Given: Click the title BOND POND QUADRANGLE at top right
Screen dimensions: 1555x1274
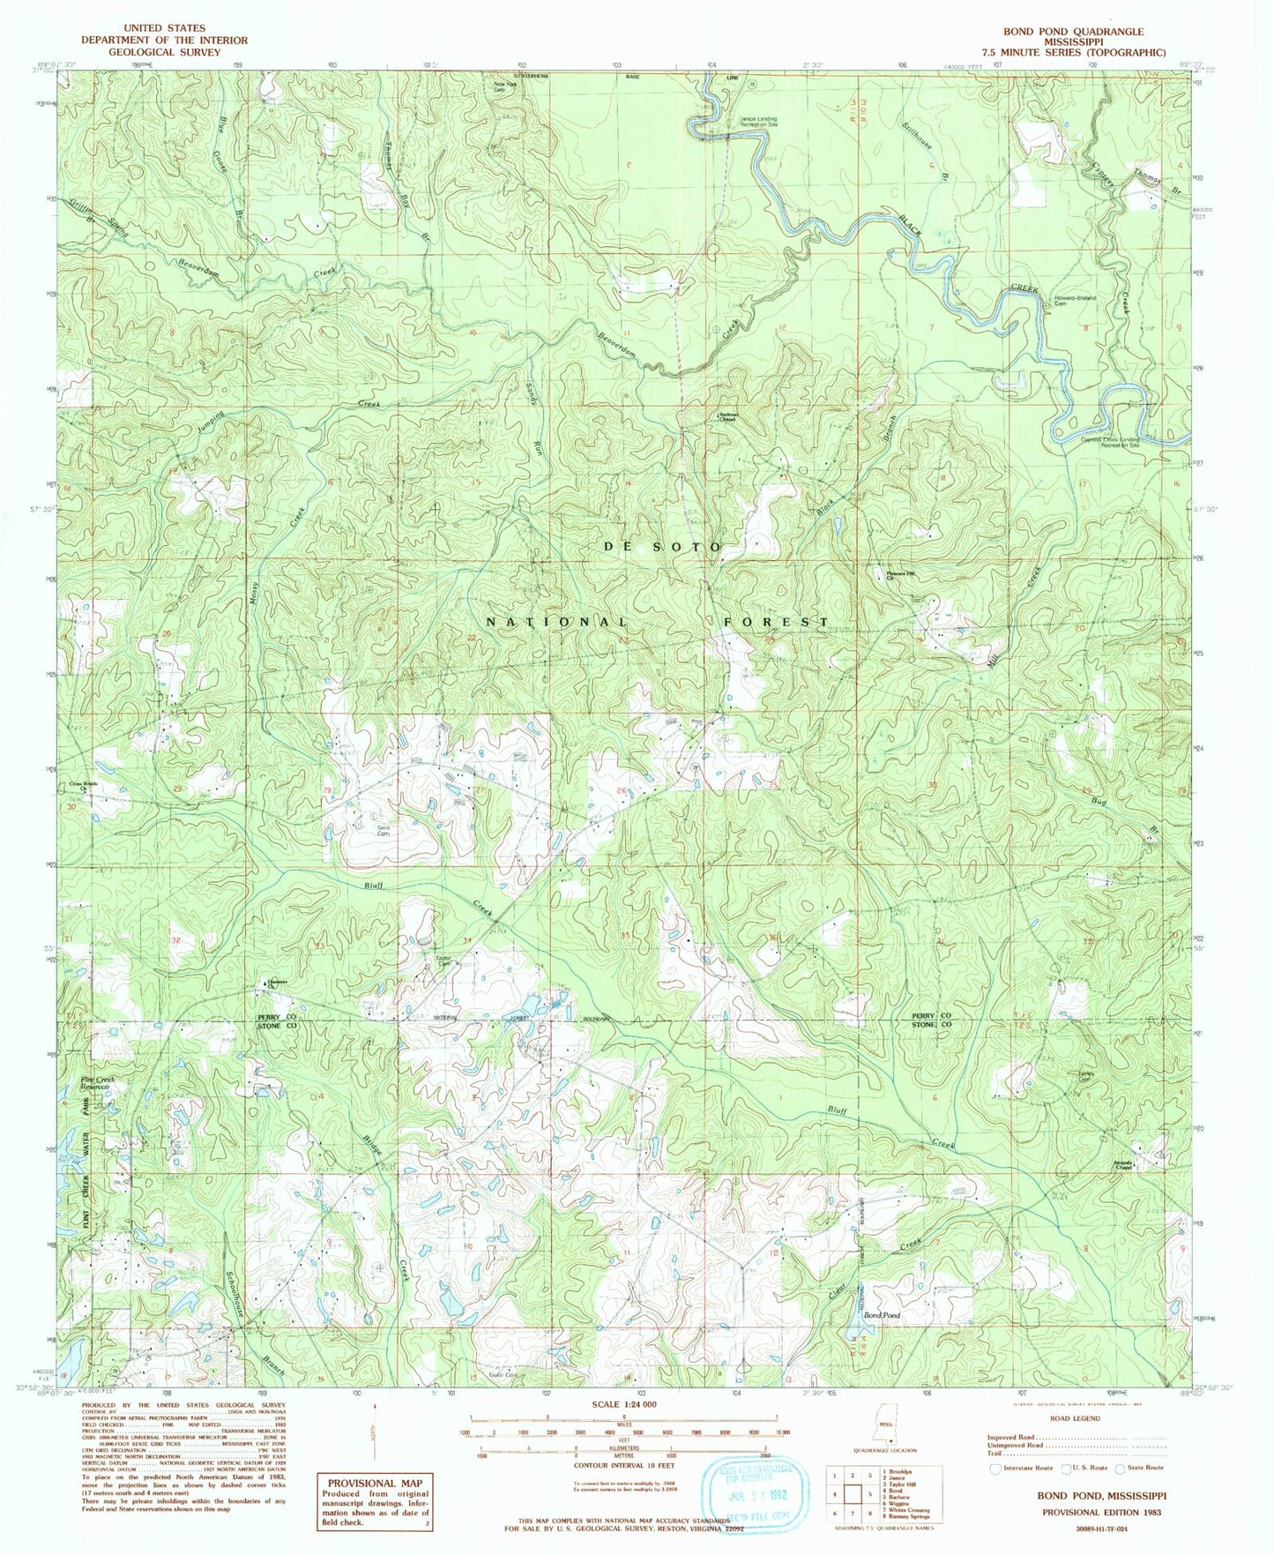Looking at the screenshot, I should click(x=1073, y=31).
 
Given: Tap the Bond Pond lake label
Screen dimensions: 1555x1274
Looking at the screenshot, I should click(x=882, y=1315).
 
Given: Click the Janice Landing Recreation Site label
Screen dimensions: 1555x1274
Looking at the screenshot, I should click(x=758, y=122).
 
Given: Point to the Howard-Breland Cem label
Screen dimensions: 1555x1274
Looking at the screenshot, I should click(x=1074, y=301).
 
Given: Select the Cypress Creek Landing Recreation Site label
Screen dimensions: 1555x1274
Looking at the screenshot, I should click(x=1112, y=442).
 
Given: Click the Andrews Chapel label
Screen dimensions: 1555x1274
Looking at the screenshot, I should click(x=726, y=418).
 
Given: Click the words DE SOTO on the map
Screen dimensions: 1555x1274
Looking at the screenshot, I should click(x=662, y=547).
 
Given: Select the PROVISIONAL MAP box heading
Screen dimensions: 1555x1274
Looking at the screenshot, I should click(x=376, y=1483).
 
